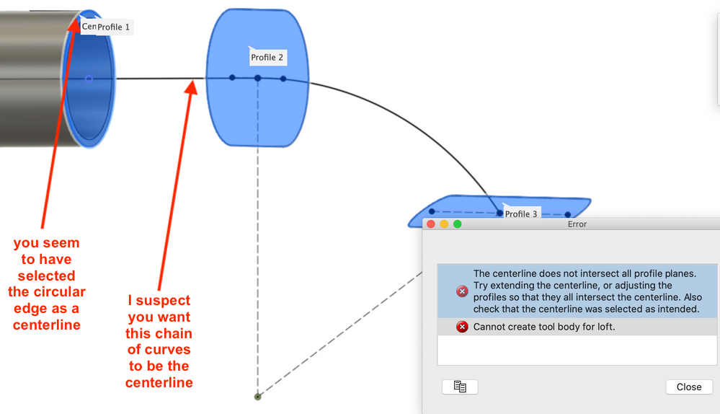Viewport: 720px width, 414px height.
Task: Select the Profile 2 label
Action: (267, 58)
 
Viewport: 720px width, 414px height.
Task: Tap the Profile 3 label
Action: (521, 213)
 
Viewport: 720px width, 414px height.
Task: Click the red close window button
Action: (431, 224)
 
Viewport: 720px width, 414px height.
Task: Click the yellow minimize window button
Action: (444, 224)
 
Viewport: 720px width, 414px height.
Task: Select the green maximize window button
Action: (458, 224)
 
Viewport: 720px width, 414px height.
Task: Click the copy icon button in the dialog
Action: (460, 387)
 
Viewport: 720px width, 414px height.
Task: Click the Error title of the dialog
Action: (577, 224)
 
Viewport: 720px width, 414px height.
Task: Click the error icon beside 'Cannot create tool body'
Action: (462, 327)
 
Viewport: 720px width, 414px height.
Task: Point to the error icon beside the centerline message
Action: (462, 291)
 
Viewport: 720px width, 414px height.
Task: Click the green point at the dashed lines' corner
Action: (257, 397)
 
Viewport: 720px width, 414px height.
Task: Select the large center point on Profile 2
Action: (257, 79)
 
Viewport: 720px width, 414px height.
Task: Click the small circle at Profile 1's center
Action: (89, 79)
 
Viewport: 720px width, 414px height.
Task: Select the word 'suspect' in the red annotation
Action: (163, 301)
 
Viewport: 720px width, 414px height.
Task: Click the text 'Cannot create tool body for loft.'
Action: (544, 327)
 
